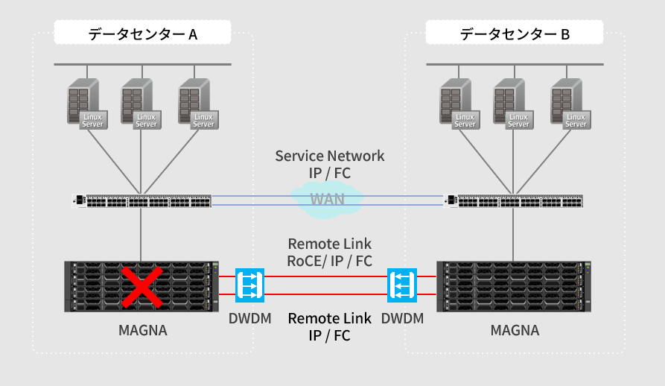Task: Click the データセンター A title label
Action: (x=142, y=34)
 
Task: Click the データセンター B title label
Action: (x=515, y=34)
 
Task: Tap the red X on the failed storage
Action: (x=143, y=286)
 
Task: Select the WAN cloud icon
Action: (x=327, y=200)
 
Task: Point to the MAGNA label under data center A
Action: (x=143, y=330)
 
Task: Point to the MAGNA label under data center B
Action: (x=515, y=330)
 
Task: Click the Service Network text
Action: (x=330, y=156)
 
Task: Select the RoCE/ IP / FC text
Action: (x=330, y=261)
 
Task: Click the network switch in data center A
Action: (x=142, y=200)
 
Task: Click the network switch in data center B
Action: (x=514, y=200)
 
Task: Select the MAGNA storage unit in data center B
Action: (x=515, y=286)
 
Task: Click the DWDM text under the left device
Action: (x=249, y=319)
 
